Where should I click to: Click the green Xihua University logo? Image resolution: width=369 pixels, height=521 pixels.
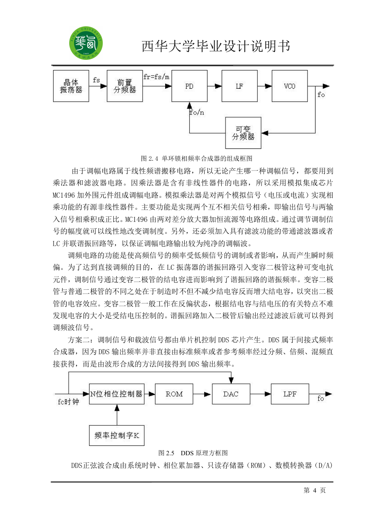click(x=86, y=43)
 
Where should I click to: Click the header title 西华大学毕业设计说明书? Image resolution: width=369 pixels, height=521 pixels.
click(x=216, y=46)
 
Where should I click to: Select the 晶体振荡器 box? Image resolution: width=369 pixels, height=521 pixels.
click(x=71, y=86)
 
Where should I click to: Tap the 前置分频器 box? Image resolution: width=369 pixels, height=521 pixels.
click(x=125, y=86)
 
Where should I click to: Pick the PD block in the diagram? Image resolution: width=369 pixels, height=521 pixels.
click(x=189, y=86)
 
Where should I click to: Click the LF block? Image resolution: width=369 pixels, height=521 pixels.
click(x=239, y=86)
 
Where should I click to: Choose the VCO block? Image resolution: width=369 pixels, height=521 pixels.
click(x=290, y=86)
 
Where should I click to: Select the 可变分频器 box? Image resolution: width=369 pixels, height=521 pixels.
click(x=243, y=133)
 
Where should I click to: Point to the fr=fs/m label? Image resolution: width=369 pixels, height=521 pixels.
click(x=156, y=77)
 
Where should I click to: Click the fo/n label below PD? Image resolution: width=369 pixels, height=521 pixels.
click(x=197, y=112)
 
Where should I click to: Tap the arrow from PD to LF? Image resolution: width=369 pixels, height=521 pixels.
click(x=214, y=86)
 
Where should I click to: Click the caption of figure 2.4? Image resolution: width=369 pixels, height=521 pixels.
click(x=197, y=159)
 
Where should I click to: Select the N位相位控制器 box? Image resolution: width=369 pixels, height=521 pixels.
click(x=117, y=394)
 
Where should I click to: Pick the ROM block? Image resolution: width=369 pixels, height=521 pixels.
click(x=174, y=394)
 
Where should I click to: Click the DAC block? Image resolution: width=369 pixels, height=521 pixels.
click(x=231, y=394)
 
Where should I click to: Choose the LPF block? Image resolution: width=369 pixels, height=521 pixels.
click(x=290, y=394)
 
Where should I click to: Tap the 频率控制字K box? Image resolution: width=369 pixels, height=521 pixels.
click(x=117, y=436)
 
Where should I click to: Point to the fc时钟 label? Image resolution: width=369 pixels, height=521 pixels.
click(x=68, y=402)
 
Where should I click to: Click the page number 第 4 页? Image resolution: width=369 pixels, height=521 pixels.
click(x=315, y=490)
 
